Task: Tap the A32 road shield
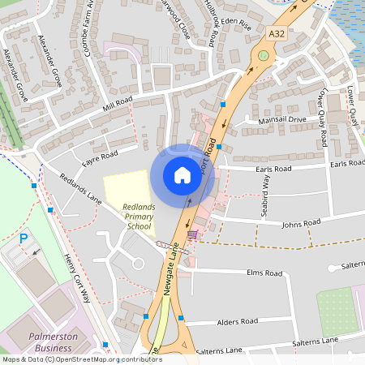(x=277, y=34)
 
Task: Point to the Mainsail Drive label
(x=282, y=119)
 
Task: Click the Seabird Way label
(x=266, y=193)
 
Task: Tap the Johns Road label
(x=301, y=221)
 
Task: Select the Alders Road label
(x=238, y=321)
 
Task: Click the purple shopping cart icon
(x=192, y=235)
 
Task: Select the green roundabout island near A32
(x=263, y=56)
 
